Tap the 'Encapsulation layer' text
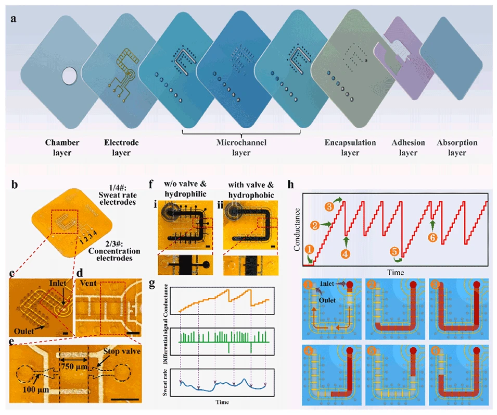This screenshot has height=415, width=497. tap(350, 148)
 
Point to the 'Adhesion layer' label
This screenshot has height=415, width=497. tap(408, 148)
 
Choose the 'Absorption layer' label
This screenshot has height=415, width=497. tap(457, 148)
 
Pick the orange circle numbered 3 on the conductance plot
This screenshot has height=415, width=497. tap(329, 207)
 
